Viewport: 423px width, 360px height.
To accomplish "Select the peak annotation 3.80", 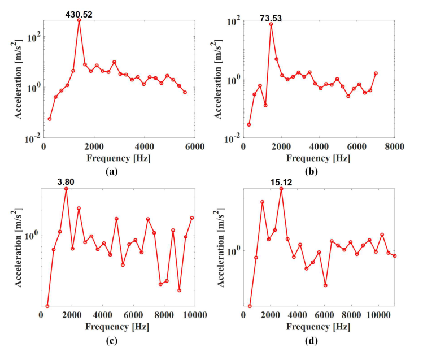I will click(66, 183).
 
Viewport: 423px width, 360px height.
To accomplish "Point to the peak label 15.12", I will click(281, 183).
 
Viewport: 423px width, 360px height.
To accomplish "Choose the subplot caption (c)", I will click(119, 340).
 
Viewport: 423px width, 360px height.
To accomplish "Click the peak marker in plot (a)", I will click(79, 20).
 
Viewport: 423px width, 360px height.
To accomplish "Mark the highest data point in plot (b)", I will click(271, 24).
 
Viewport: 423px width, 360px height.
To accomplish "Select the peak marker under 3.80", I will click(66, 189).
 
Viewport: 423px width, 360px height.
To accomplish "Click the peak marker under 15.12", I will click(281, 189).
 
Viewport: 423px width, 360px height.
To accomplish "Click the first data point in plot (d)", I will click(250, 306).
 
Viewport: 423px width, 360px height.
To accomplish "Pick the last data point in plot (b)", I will click(376, 73).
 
